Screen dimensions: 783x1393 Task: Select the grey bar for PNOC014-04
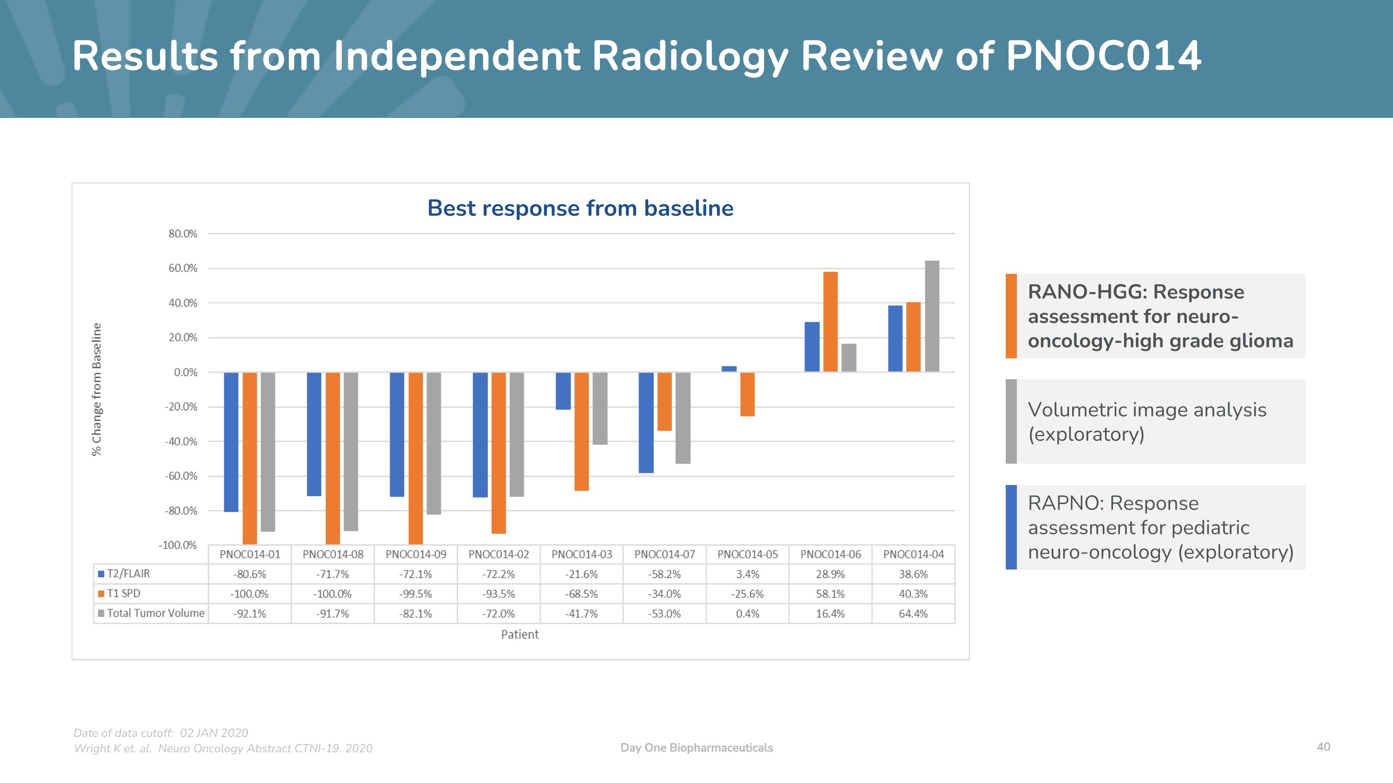[x=932, y=316]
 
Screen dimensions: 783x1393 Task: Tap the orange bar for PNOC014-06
[x=830, y=322]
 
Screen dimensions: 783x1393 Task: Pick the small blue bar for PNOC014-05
[x=729, y=369]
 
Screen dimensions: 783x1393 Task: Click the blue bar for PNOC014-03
[x=563, y=391]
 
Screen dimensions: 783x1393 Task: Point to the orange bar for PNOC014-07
[x=664, y=401]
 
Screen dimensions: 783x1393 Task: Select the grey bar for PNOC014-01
[x=267, y=452]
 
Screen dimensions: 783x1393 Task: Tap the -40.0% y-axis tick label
[x=181, y=441]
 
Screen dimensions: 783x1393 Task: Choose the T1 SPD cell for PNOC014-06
[x=830, y=594]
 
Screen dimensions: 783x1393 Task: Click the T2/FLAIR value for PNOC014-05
[x=747, y=574]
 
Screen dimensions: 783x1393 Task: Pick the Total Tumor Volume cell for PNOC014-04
[x=913, y=614]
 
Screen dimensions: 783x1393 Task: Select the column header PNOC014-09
[x=416, y=555]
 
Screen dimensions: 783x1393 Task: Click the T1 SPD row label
[x=124, y=593]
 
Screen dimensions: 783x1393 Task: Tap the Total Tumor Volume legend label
[x=155, y=613]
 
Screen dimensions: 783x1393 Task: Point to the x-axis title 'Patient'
[x=520, y=634]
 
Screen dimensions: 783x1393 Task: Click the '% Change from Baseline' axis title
[x=97, y=389]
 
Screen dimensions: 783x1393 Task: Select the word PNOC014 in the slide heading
[x=1103, y=56]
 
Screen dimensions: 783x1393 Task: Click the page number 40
[x=1323, y=747]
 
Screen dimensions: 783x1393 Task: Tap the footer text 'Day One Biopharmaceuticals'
[x=696, y=748]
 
